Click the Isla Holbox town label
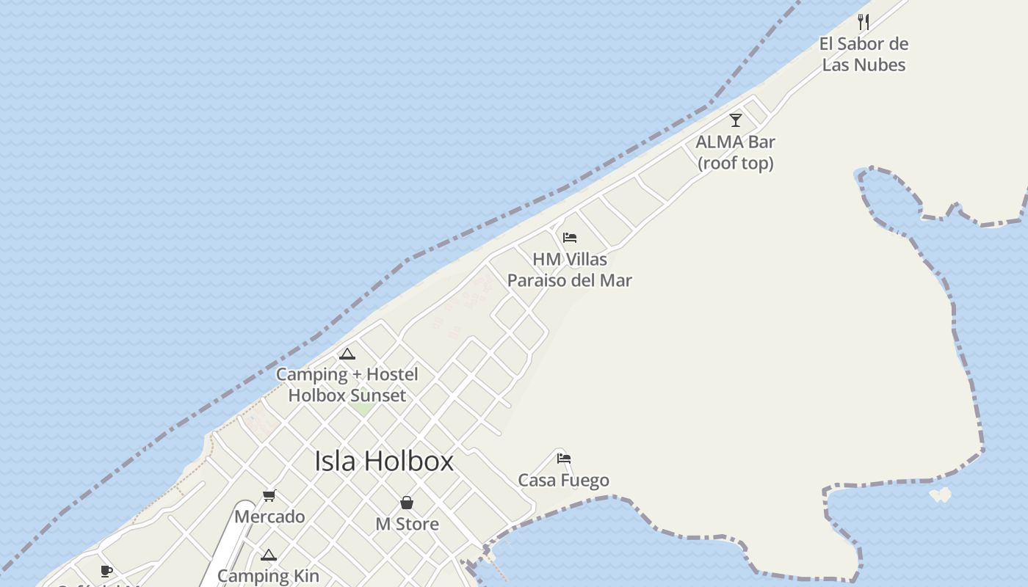384,461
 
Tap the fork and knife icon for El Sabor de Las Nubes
864,22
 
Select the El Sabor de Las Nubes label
864,54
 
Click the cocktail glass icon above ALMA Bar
735,120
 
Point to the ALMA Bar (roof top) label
735,152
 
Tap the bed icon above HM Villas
569,238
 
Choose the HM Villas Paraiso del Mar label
569,269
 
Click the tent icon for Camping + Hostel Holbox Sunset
347,354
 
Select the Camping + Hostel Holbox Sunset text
347,384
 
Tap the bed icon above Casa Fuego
563,459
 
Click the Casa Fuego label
563,481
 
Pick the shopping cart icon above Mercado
269,496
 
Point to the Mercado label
269,517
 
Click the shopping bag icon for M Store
407,503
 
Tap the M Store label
407,524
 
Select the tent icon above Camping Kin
268,555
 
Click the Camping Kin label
268,576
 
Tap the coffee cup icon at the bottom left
106,571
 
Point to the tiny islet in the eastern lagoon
940,495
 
